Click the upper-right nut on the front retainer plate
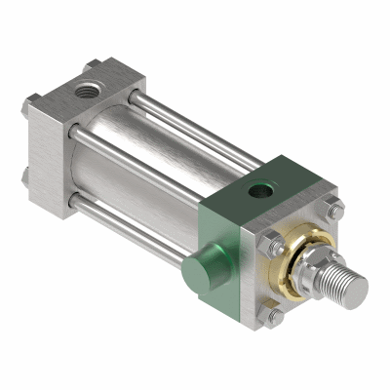pos(334,209)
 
